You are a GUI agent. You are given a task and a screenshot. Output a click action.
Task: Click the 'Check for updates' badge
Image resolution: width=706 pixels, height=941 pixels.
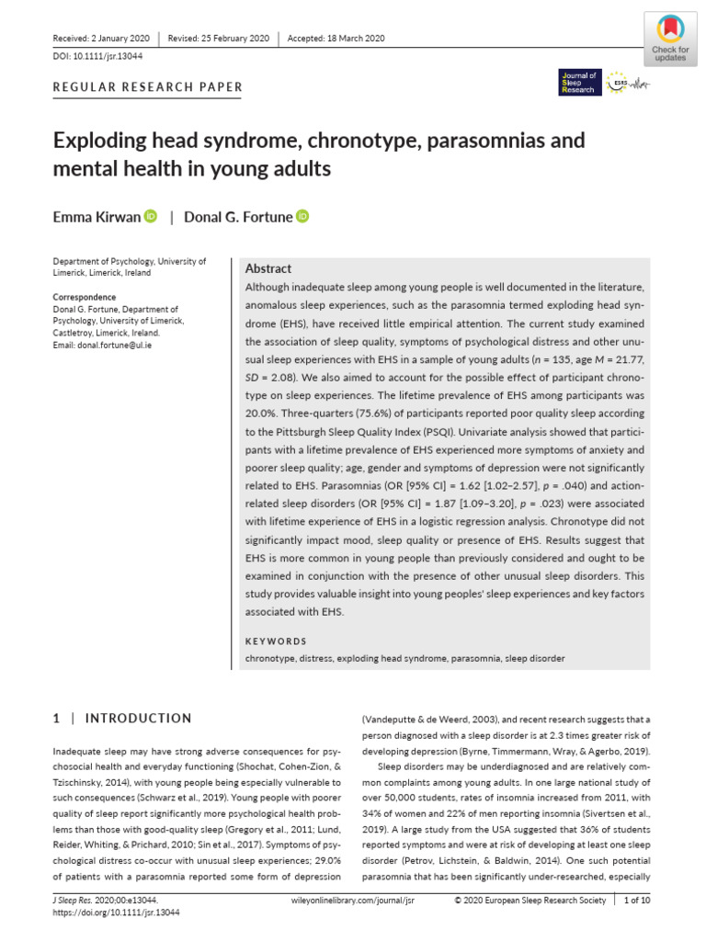coord(669,38)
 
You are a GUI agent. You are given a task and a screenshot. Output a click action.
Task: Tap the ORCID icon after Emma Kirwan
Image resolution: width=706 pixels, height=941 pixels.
coord(151,216)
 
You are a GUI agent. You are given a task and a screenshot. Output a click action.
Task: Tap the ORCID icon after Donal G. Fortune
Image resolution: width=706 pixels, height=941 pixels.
coord(302,216)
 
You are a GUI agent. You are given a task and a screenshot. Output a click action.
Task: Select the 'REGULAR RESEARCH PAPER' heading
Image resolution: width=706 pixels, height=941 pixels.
coord(148,88)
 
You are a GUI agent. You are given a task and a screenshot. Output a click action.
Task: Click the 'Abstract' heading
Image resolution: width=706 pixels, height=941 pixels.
coord(268,268)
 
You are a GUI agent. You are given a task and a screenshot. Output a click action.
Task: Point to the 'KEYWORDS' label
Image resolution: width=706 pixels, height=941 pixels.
coord(276,641)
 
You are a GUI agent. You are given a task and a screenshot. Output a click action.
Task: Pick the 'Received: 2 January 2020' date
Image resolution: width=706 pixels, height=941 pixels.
coord(102,38)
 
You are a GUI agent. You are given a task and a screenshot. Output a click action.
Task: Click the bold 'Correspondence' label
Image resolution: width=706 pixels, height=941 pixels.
coord(85,298)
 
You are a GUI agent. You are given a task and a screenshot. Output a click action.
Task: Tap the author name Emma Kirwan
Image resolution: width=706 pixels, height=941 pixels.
coord(96,217)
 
